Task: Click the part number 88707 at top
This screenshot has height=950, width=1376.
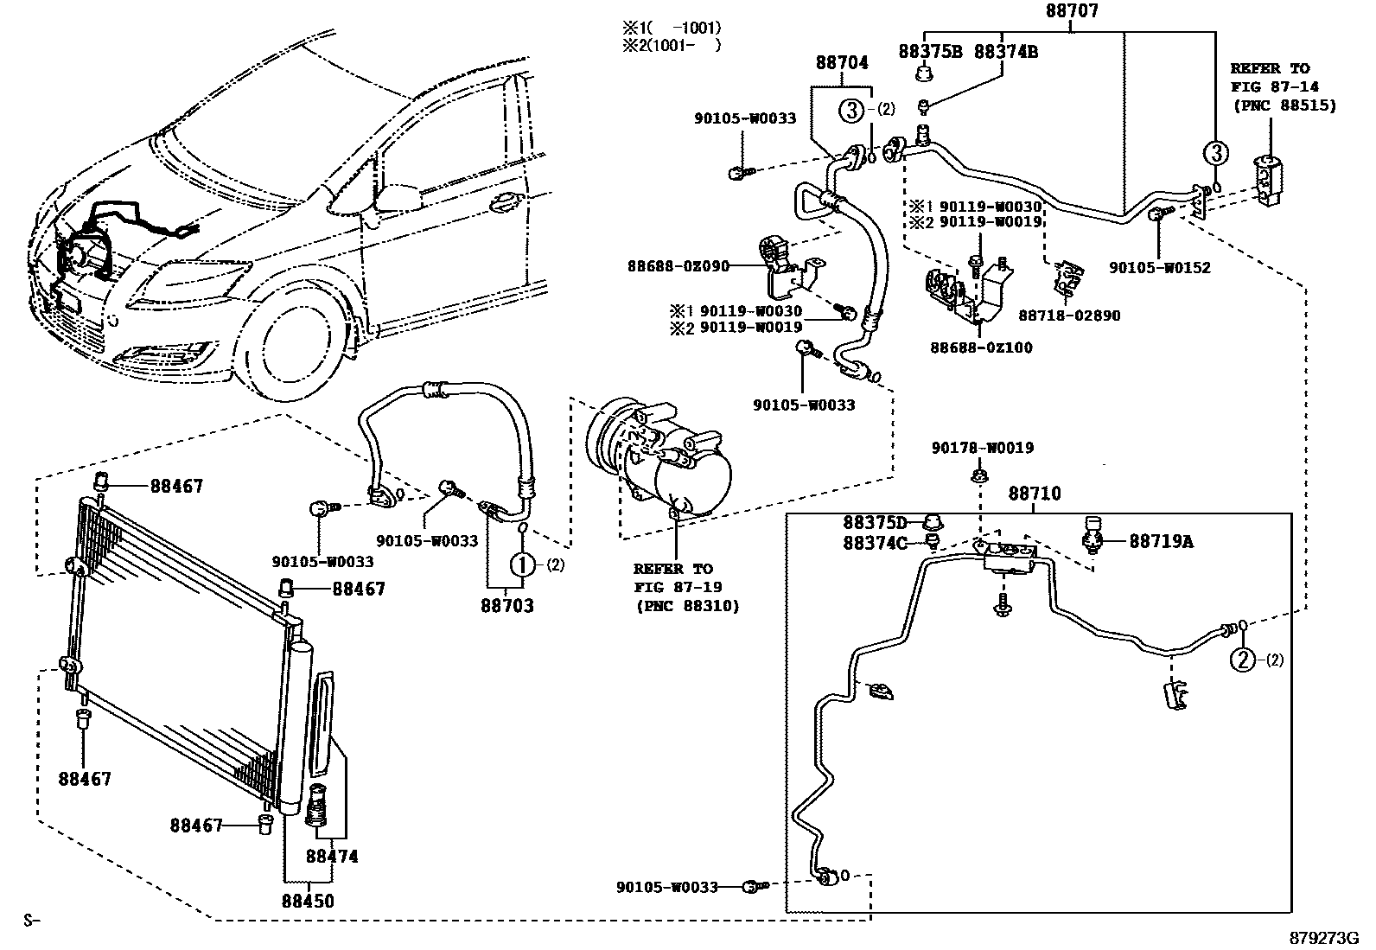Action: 1071,12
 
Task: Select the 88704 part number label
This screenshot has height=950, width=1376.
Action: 842,62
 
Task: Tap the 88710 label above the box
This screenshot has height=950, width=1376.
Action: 1035,494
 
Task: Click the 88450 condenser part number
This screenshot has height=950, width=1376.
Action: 307,901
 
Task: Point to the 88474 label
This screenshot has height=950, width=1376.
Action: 332,857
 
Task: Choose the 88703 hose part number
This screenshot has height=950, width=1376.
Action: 507,606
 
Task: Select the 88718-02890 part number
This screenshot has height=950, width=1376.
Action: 1069,316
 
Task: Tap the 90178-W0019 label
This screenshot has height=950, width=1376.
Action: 982,448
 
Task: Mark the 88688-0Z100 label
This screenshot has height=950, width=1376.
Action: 981,347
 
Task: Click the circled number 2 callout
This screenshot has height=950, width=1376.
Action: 1242,660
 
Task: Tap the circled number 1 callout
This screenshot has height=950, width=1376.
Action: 523,564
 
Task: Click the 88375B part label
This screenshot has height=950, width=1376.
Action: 930,52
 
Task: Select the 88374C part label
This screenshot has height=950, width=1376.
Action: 875,543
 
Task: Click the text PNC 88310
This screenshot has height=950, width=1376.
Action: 688,606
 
